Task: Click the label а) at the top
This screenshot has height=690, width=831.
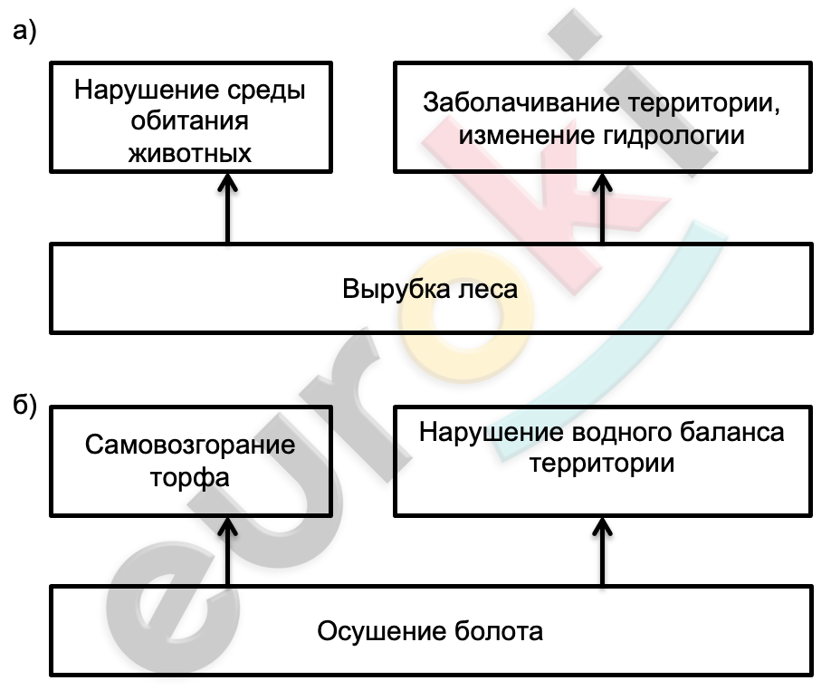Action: (x=24, y=32)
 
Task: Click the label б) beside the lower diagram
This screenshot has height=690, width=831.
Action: (x=24, y=406)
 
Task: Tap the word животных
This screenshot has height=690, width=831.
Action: (x=190, y=154)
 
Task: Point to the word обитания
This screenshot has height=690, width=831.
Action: (x=189, y=121)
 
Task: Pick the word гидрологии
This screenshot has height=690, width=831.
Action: (x=673, y=135)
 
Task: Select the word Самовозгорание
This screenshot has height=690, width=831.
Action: (x=190, y=445)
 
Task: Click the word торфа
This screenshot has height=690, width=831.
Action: (x=190, y=477)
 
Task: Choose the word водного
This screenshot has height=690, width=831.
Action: (x=622, y=433)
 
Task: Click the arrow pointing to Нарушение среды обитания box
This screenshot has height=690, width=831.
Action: (x=228, y=207)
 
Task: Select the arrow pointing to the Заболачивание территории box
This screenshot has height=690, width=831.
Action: (x=602, y=207)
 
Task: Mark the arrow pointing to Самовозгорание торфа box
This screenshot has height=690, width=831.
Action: (x=228, y=551)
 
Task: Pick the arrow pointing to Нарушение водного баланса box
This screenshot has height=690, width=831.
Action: (x=602, y=551)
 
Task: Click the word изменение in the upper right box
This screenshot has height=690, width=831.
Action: (x=527, y=135)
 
